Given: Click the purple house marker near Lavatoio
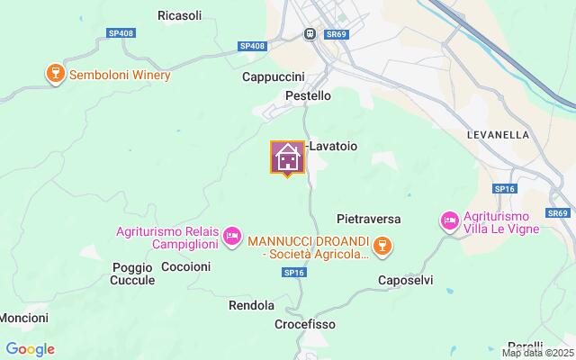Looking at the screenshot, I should [x=287, y=157].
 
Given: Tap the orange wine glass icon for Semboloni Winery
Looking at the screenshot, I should [x=53, y=75].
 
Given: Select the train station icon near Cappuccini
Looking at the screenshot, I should [x=310, y=33].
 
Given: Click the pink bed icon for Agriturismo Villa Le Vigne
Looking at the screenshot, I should [x=448, y=220].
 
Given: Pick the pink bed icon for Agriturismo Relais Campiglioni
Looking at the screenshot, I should [x=232, y=236].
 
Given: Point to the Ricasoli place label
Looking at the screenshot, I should [x=179, y=15].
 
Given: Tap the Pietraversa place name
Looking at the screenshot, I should [x=368, y=219].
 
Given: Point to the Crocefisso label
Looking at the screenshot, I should [x=306, y=323].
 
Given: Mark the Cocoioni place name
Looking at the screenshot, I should [x=185, y=266].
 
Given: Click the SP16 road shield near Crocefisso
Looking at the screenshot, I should [x=292, y=272].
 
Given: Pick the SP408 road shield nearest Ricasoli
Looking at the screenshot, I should [x=119, y=32].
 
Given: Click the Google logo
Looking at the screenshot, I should [x=30, y=349].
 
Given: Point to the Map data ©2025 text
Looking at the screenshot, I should [x=536, y=353].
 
